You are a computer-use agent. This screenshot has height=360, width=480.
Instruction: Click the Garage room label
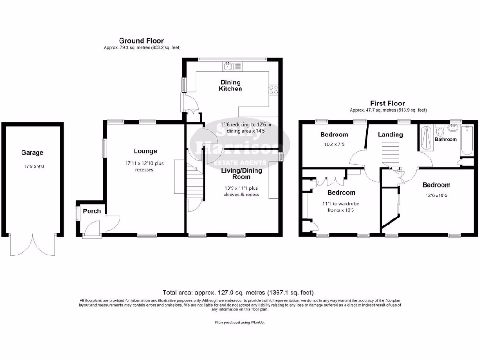(x=32, y=152)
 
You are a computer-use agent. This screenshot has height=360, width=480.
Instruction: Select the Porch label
(x=92, y=211)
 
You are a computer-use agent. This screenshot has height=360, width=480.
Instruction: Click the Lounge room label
(x=145, y=151)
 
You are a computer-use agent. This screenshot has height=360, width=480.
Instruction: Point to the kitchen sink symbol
(x=229, y=66)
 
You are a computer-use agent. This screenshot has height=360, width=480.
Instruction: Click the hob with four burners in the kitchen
(x=274, y=90)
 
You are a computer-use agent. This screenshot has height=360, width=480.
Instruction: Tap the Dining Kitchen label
(x=231, y=85)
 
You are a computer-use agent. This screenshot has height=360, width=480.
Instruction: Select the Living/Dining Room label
(x=241, y=173)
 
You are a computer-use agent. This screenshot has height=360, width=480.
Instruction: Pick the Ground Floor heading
(x=141, y=41)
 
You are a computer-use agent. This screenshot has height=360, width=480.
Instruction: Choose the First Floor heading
(x=387, y=103)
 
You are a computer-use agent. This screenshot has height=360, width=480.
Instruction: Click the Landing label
(x=390, y=135)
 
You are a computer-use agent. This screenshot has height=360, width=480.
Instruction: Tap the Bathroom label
(x=445, y=139)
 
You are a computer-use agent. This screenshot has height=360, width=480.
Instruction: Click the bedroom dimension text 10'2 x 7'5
(x=334, y=145)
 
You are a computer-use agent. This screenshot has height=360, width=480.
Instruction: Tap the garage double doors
(x=32, y=244)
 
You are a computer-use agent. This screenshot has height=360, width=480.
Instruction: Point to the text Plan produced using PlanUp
(x=240, y=322)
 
